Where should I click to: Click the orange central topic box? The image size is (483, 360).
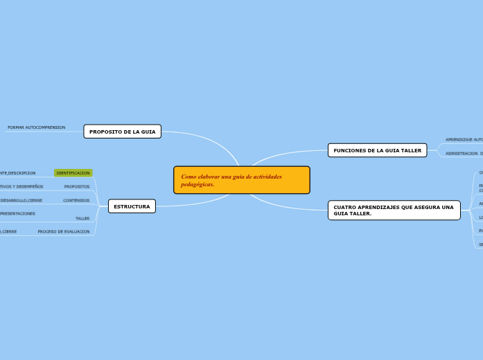(241, 180)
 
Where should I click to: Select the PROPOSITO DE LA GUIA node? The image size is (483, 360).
(122, 132)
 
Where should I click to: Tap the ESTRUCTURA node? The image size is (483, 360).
(132, 206)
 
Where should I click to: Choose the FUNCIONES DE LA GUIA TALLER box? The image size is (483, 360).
(377, 150)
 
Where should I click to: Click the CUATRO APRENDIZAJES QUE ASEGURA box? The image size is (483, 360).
(394, 210)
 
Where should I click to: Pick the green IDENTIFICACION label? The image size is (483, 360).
(73, 173)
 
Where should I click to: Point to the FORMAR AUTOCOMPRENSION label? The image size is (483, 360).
(36, 127)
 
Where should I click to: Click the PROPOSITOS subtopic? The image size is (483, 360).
(76, 187)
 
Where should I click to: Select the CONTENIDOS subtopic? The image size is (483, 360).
(76, 201)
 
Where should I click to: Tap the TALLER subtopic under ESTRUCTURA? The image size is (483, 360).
(82, 219)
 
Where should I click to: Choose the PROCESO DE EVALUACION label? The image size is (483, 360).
(63, 232)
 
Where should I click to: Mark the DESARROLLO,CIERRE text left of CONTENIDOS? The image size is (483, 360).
(21, 201)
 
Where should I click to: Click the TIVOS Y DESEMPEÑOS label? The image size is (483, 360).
(21, 187)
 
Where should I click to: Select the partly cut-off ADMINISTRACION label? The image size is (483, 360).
(462, 154)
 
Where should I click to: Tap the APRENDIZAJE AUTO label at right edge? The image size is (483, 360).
(464, 140)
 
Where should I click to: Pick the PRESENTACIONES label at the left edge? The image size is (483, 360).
(17, 214)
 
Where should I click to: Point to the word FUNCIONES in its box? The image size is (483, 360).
(349, 150)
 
